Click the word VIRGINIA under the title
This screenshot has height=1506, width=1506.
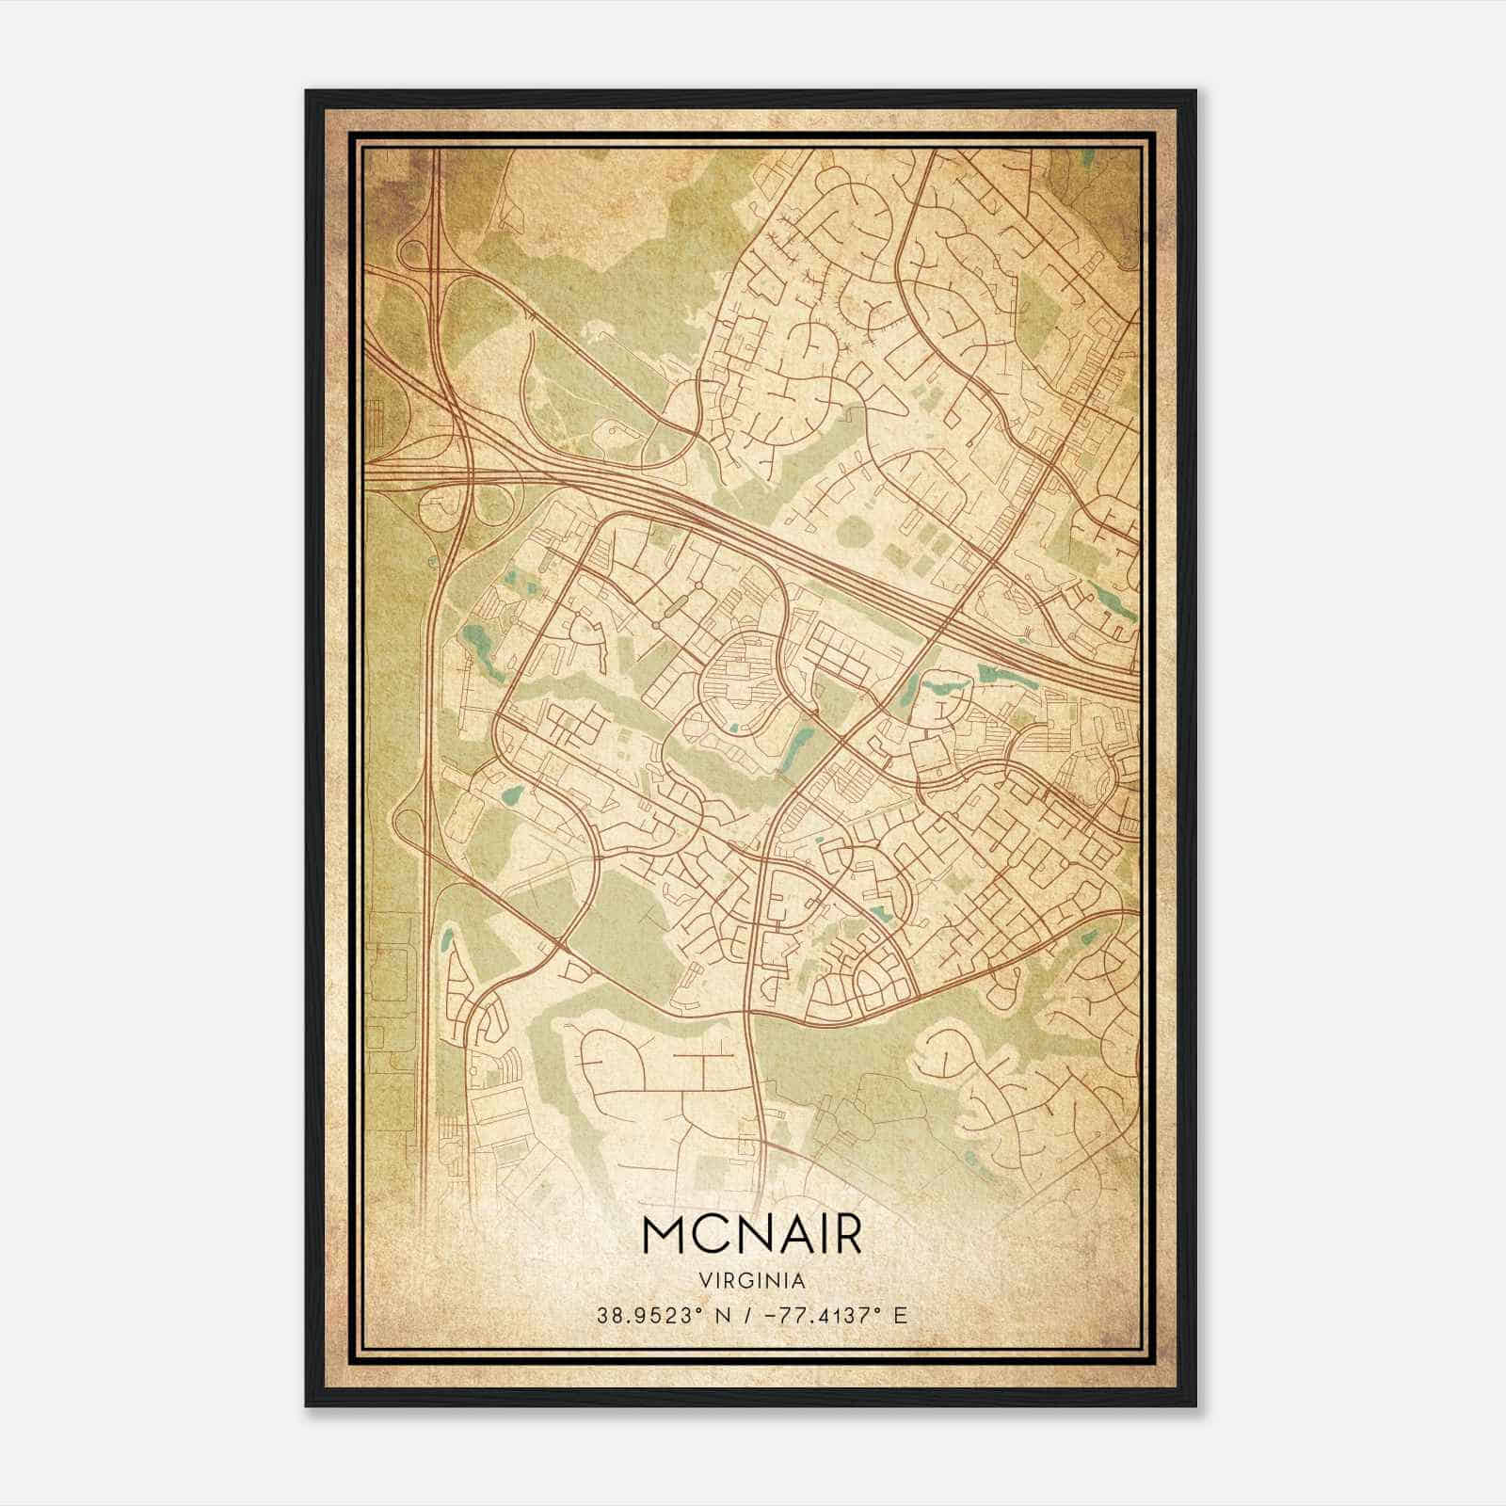pos(752,1280)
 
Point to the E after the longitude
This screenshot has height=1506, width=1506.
pos(901,1315)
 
